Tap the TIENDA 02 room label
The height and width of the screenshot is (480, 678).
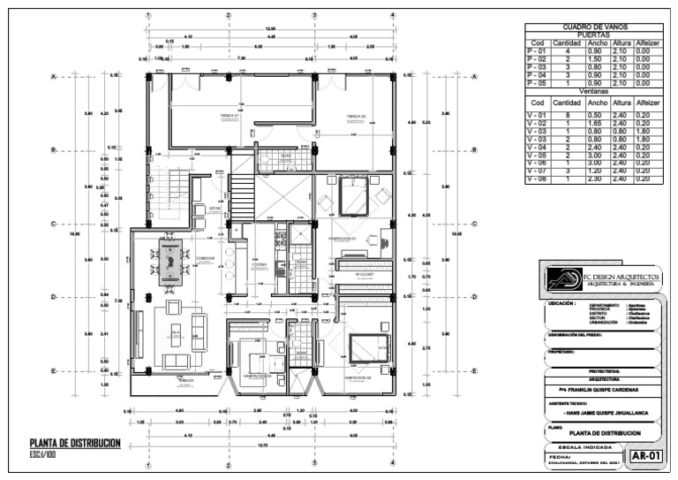(x=356, y=116)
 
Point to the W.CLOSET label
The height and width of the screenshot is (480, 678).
(x=365, y=274)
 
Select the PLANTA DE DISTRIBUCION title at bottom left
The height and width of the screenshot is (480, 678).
(x=74, y=444)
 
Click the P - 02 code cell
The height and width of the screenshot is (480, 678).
(x=537, y=58)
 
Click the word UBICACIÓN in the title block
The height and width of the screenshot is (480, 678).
(x=561, y=304)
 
